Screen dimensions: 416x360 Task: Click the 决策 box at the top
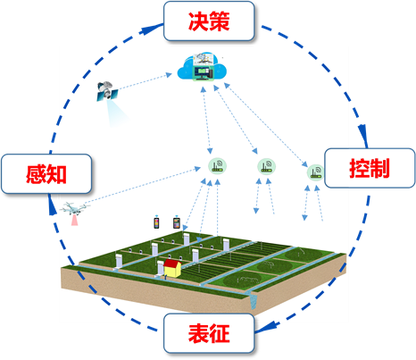click(209, 21)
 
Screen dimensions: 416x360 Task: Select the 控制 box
click(370, 168)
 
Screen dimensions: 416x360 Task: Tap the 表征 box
click(209, 333)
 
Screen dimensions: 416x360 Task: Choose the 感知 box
click(46, 174)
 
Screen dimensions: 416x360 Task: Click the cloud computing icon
click(202, 68)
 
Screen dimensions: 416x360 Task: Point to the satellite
click(107, 90)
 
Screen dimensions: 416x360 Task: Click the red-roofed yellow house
click(172, 268)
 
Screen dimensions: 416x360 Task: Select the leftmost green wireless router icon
click(217, 166)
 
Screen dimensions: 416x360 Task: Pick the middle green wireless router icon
click(266, 166)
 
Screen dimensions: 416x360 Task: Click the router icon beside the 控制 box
click(315, 172)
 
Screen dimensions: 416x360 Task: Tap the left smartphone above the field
click(156, 222)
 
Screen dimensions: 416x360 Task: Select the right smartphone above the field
click(177, 222)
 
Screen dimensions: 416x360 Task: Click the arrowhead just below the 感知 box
click(52, 205)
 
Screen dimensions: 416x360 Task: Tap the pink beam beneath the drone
click(74, 220)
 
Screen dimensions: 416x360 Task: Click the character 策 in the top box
click(220, 21)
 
